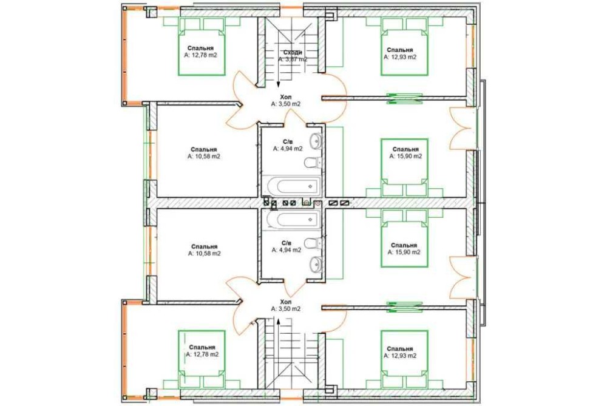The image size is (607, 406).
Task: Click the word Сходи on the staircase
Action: (x=293, y=52)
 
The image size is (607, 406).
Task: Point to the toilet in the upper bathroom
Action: (x=313, y=163)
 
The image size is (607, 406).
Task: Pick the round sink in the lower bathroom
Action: (x=316, y=265)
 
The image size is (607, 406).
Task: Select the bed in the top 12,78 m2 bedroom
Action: (x=202, y=47)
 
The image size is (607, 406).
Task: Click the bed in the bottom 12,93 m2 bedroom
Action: (x=404, y=359)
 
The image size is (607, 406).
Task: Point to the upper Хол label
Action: (x=286, y=96)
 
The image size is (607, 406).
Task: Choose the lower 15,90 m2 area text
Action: (x=404, y=252)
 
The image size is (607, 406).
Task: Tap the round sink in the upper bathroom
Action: (x=316, y=141)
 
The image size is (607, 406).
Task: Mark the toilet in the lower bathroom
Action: (x=313, y=243)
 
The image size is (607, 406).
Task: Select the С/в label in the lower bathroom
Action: (x=287, y=243)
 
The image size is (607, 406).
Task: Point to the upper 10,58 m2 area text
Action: (x=204, y=157)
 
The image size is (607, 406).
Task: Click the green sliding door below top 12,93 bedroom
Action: (x=404, y=98)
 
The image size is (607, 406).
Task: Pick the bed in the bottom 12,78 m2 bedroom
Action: (x=202, y=359)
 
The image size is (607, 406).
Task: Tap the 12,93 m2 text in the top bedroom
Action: (x=400, y=57)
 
